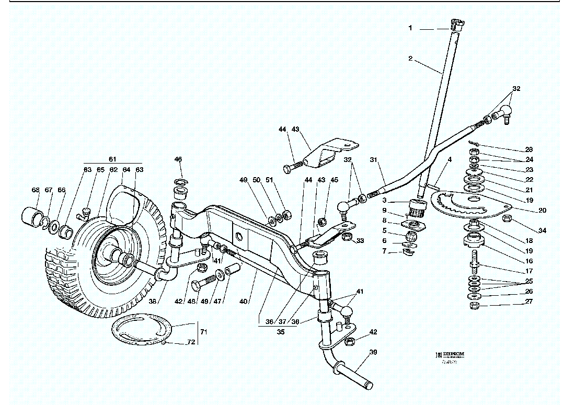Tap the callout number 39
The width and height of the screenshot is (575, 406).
(373, 352)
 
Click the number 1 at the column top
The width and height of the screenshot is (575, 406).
(411, 28)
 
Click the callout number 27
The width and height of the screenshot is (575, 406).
(529, 301)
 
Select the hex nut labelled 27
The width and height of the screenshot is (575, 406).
(474, 305)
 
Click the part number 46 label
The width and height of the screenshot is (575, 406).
(178, 159)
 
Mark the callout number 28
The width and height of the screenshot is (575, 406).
(529, 149)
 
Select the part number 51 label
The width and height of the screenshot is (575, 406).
(269, 180)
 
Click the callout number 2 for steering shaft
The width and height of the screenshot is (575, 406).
(411, 59)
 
